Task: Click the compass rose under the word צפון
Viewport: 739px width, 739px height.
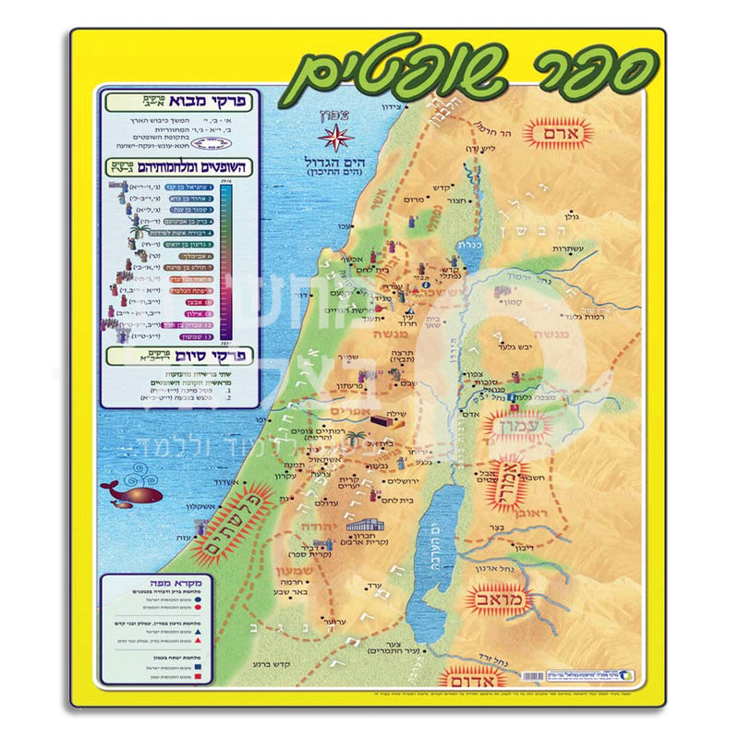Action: pyautogui.click(x=335, y=139)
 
